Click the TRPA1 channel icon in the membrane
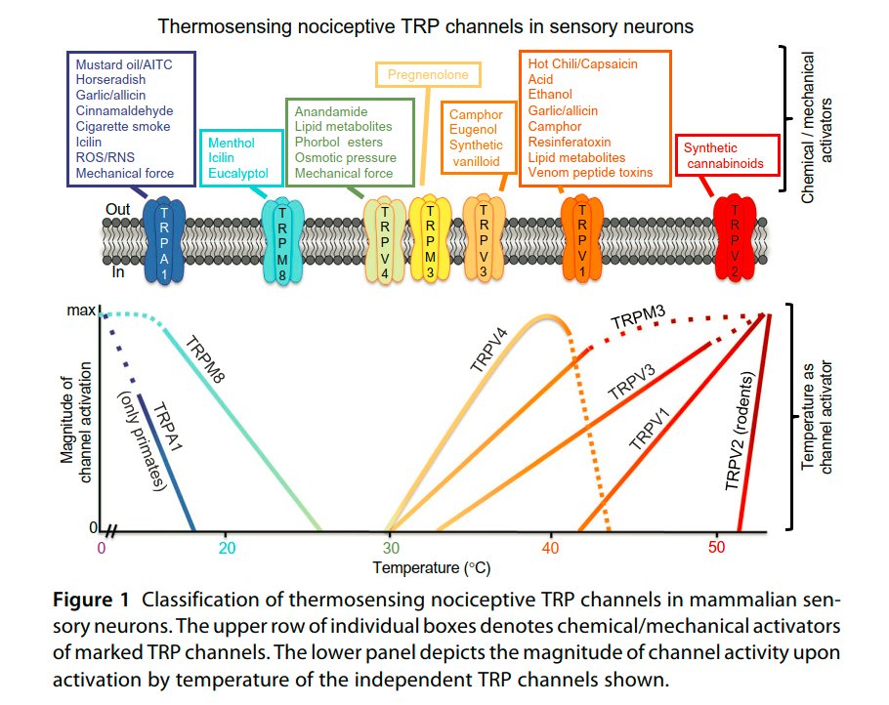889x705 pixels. (164, 240)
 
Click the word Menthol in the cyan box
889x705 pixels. (231, 144)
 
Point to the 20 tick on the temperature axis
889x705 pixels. (227, 548)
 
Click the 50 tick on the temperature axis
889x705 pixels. (716, 548)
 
